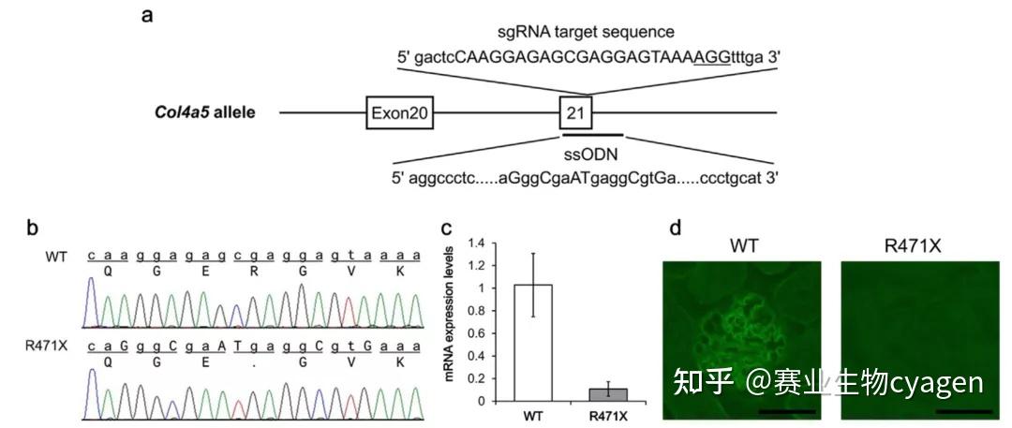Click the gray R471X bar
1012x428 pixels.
coord(608,394)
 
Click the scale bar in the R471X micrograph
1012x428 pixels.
coord(962,410)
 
